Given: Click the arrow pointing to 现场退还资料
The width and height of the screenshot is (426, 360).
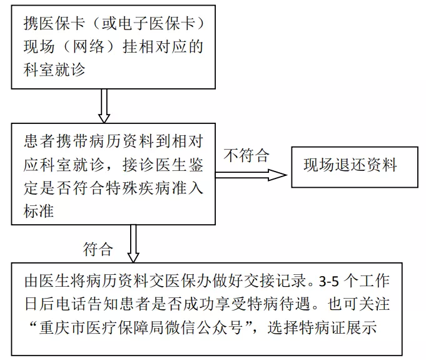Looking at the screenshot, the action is click(x=251, y=175).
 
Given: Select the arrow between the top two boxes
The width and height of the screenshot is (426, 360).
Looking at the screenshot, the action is click(x=104, y=106).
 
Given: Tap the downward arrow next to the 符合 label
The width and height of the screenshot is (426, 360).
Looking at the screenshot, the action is click(x=133, y=244).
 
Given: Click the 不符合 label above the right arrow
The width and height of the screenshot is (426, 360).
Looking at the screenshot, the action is click(x=246, y=155).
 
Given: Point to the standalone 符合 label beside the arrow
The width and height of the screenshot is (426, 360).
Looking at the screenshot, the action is click(x=98, y=249).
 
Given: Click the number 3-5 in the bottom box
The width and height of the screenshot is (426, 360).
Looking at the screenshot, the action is click(x=329, y=281).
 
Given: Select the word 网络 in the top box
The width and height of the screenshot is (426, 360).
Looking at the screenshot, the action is click(x=89, y=46).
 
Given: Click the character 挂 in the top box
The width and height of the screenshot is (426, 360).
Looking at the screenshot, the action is click(x=130, y=46).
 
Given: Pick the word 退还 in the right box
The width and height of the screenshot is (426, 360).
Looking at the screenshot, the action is click(x=350, y=165).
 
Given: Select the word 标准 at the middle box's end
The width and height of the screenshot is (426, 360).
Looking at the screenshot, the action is click(x=39, y=211).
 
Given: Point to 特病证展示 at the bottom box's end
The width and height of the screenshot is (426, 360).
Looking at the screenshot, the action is click(x=338, y=327).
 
